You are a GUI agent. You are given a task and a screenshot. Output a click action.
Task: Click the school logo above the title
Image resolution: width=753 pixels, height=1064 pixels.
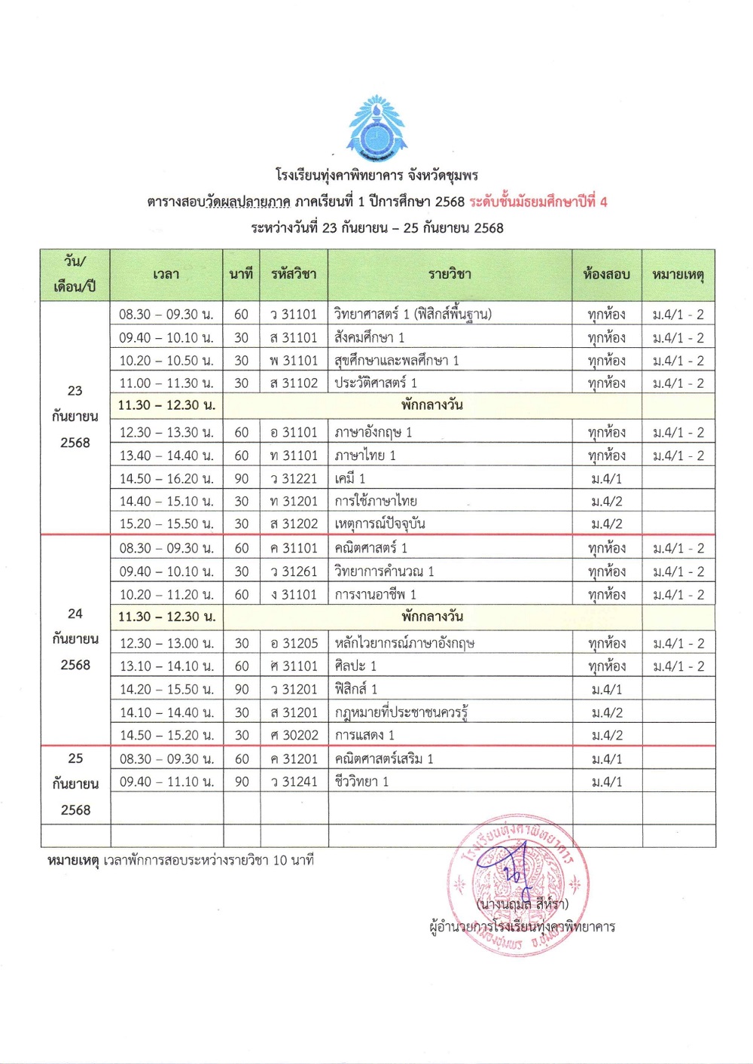coord(375,129)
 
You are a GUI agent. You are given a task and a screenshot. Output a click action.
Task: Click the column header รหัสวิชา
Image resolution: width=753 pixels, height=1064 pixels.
coord(294,274)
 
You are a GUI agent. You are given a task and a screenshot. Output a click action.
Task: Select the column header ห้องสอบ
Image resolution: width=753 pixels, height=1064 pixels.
coord(606,274)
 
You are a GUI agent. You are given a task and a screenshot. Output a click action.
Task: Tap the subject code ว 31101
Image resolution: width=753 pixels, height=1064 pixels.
coord(294,314)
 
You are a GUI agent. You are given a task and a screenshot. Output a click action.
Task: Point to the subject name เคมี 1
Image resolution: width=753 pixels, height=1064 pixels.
coord(350,478)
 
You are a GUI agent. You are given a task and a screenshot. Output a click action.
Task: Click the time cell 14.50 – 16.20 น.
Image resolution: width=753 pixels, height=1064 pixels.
coord(166,478)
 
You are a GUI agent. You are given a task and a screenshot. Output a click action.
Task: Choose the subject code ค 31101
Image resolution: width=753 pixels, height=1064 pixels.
coord(294,548)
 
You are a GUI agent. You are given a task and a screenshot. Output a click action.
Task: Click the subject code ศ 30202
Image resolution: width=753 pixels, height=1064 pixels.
coord(294,735)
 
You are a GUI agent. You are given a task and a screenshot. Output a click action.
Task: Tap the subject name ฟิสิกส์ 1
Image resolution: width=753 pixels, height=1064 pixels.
coord(356,689)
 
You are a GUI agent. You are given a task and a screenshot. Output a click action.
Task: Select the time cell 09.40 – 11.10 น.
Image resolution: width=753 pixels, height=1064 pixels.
coord(166,782)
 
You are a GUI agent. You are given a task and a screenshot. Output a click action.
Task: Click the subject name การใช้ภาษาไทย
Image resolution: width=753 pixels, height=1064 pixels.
coord(376,501)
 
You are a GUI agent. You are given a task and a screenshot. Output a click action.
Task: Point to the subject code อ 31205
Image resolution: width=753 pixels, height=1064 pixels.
coord(294,643)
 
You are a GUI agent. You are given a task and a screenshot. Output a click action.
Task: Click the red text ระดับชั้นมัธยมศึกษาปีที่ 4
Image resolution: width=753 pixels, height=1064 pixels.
coord(538,202)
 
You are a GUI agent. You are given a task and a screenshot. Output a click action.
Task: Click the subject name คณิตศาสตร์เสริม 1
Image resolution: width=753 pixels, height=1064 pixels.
coord(384,759)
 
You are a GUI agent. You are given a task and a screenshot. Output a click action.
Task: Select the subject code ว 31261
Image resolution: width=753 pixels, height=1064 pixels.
coord(294,572)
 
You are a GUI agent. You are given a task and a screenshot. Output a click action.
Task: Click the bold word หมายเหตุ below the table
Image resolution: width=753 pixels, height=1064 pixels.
coord(72,860)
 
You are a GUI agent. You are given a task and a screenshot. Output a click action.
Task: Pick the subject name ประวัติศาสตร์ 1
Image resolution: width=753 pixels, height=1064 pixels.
coord(376,383)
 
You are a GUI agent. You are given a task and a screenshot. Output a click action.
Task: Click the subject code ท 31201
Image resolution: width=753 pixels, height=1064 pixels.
coord(294,501)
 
